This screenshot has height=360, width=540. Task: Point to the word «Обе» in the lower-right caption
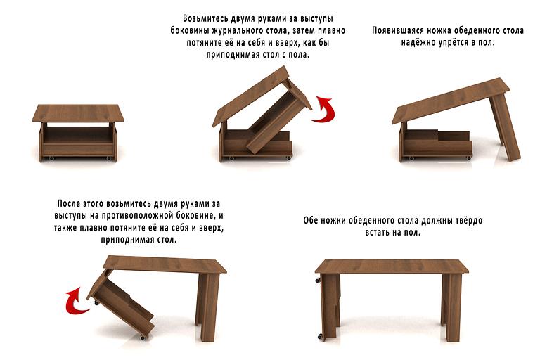pyautogui.click(x=311, y=220)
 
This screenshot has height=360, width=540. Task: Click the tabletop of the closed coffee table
pyautogui.click(x=78, y=113)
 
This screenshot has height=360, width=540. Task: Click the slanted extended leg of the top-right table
pyautogui.click(x=505, y=127)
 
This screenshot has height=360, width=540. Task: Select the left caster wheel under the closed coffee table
pyautogui.click(x=51, y=158)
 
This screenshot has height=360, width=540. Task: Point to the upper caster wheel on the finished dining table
pyautogui.click(x=317, y=280)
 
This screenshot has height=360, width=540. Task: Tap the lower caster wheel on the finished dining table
pyautogui.click(x=320, y=336)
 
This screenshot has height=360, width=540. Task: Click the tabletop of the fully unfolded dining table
pyautogui.click(x=392, y=266)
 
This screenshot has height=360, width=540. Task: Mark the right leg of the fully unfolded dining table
pyautogui.click(x=452, y=307)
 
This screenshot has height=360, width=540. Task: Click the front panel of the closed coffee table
pyautogui.click(x=78, y=149)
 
